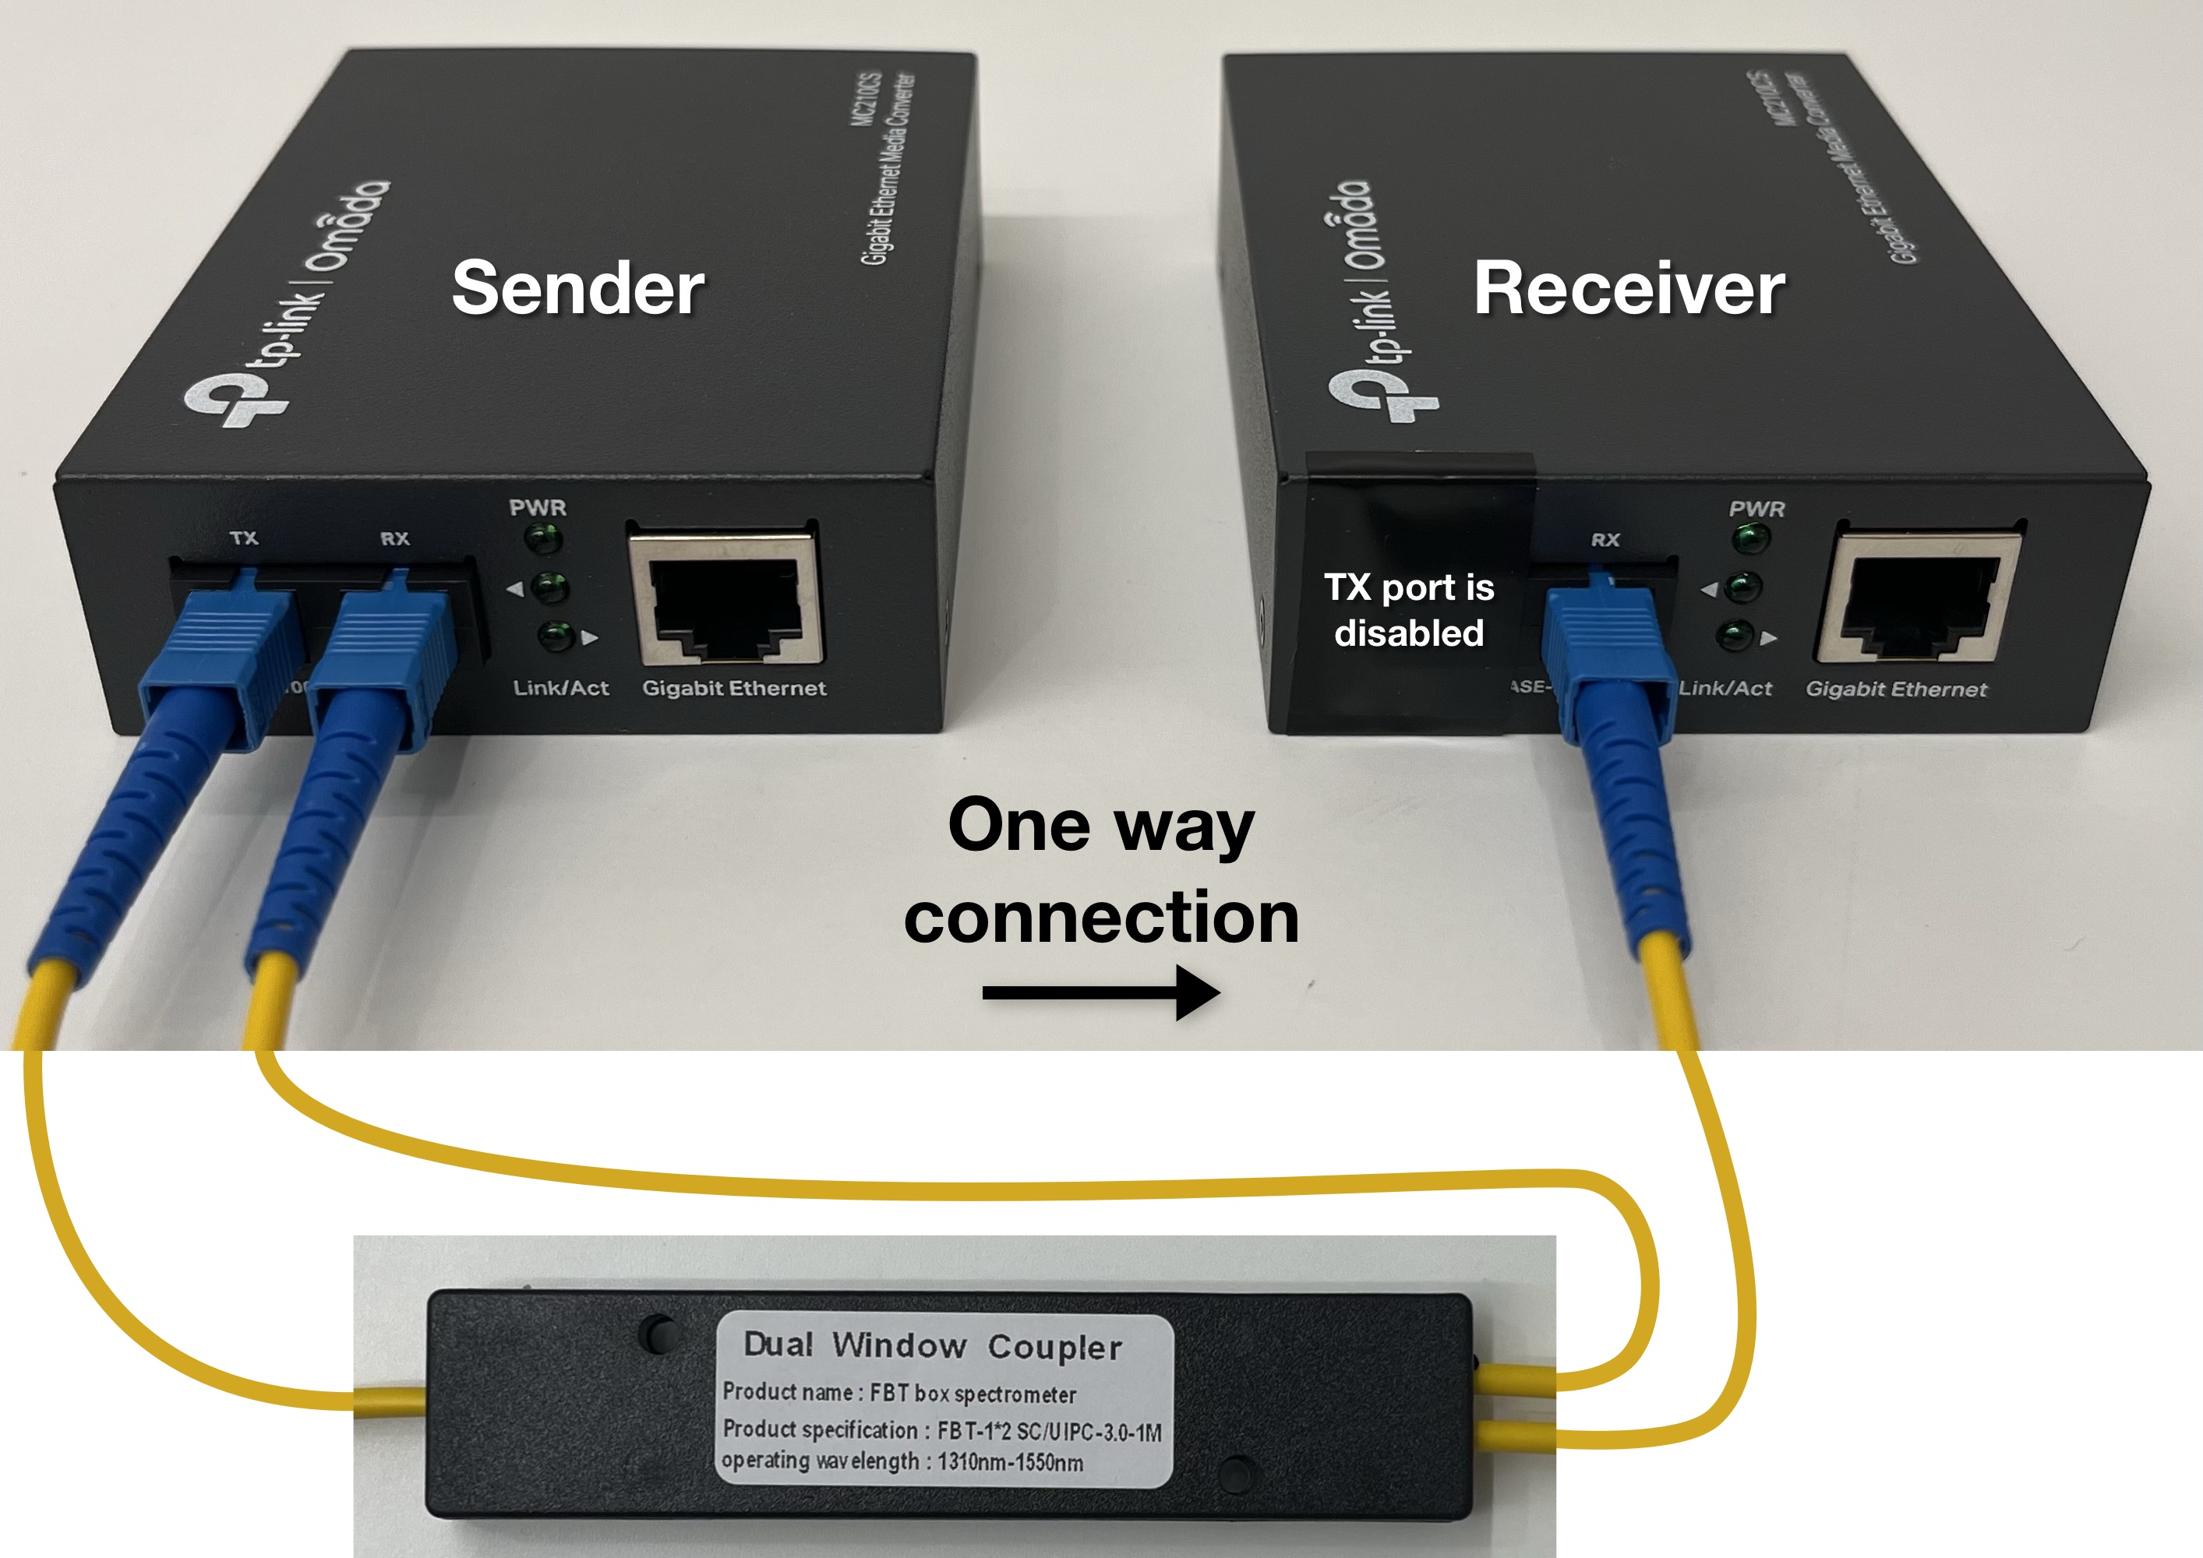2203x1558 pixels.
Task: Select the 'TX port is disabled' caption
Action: point(1409,610)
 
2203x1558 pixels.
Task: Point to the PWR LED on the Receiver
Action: point(1751,540)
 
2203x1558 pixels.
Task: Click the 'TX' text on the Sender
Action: point(244,538)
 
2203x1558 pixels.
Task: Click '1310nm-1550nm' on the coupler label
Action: point(1011,1462)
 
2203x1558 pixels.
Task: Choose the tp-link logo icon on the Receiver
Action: point(1382,394)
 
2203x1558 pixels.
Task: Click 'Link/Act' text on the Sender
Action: point(560,688)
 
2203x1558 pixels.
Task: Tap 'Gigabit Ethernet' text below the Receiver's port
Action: point(1896,689)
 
